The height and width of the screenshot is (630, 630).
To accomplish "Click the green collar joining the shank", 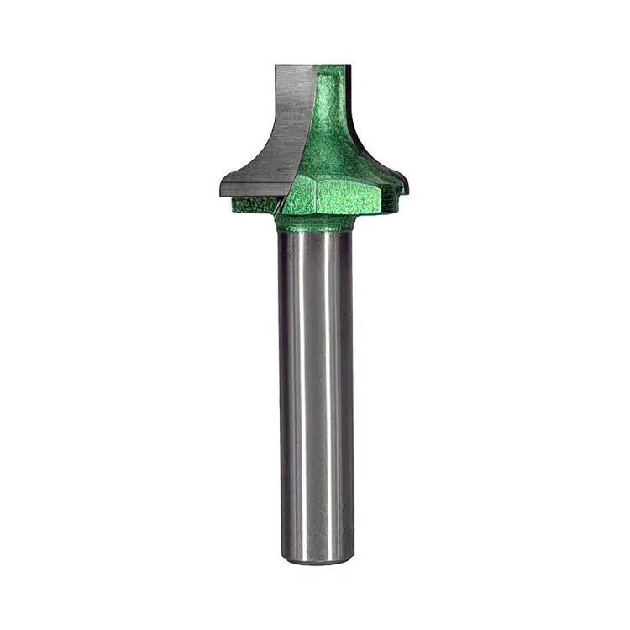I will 315,223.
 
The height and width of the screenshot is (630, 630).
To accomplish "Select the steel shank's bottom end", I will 316,559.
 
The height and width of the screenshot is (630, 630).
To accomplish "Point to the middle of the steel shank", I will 316,395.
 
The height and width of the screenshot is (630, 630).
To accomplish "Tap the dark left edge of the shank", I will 281,395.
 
